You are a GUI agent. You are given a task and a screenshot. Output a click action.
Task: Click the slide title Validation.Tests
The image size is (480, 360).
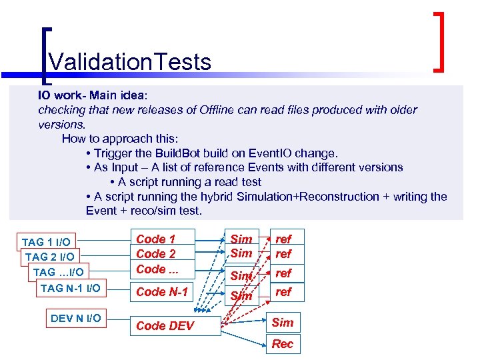(130, 62)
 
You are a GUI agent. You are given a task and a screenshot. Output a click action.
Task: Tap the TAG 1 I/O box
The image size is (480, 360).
(46, 241)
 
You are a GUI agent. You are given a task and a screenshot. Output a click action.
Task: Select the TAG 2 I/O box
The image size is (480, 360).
(49, 257)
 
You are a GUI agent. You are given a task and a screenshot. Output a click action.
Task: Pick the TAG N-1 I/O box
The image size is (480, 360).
(71, 288)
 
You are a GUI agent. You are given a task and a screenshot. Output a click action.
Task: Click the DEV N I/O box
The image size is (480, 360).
(76, 318)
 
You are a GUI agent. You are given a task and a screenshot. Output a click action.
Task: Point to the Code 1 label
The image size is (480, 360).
(155, 239)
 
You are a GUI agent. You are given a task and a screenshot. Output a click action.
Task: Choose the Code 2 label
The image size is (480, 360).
(155, 254)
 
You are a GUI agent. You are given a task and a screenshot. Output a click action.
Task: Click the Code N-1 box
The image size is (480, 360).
(162, 291)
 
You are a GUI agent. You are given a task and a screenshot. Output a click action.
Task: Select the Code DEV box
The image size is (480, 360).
(165, 325)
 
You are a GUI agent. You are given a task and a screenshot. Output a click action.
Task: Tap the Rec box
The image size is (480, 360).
(282, 344)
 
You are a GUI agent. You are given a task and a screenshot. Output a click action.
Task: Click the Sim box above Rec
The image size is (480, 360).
(282, 323)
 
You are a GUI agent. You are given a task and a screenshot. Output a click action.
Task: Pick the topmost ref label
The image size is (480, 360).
(283, 239)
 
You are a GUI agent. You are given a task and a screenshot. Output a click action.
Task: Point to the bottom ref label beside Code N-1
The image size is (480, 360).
(283, 291)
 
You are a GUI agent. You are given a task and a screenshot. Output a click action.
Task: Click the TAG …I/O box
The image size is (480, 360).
(59, 272)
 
